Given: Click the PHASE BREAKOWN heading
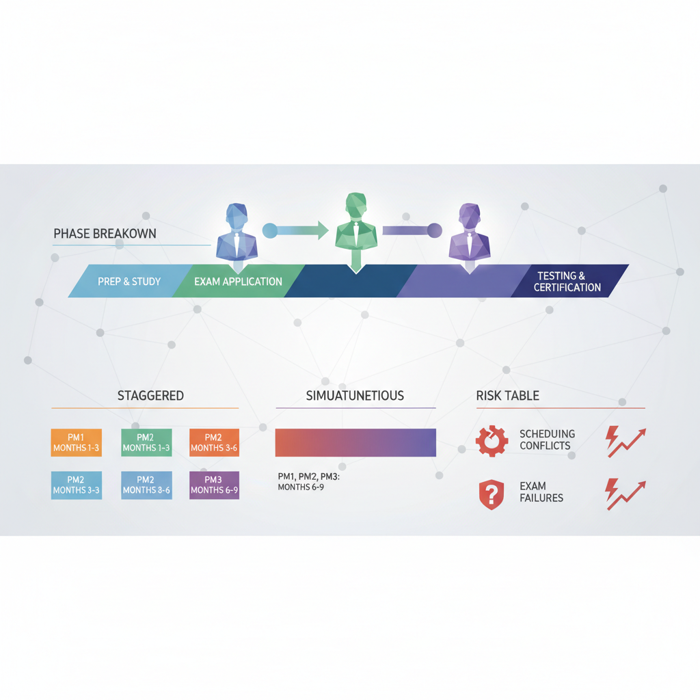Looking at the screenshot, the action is click(x=105, y=234).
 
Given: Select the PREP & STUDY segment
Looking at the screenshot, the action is click(x=129, y=281).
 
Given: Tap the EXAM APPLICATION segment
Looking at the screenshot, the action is click(x=238, y=281).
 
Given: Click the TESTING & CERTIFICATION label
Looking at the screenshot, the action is click(x=567, y=281).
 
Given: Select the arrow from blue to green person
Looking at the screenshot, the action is click(x=295, y=230).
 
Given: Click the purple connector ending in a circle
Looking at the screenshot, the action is click(x=412, y=230).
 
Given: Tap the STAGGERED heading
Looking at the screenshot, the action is click(x=150, y=396).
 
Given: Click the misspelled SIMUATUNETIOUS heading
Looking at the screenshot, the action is click(x=355, y=396).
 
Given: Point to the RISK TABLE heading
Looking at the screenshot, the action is click(x=508, y=396).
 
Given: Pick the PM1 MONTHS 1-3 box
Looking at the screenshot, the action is click(x=77, y=442).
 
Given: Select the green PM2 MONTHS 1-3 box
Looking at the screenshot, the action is click(x=146, y=442).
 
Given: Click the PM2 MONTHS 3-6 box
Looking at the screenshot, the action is click(x=214, y=442).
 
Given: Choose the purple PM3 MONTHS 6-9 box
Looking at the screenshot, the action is click(x=214, y=485).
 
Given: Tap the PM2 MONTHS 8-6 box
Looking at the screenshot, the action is click(x=146, y=485).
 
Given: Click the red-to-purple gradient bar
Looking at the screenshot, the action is click(x=355, y=442).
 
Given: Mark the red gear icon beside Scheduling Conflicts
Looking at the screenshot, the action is click(x=492, y=441).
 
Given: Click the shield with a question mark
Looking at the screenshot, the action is click(x=492, y=495).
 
